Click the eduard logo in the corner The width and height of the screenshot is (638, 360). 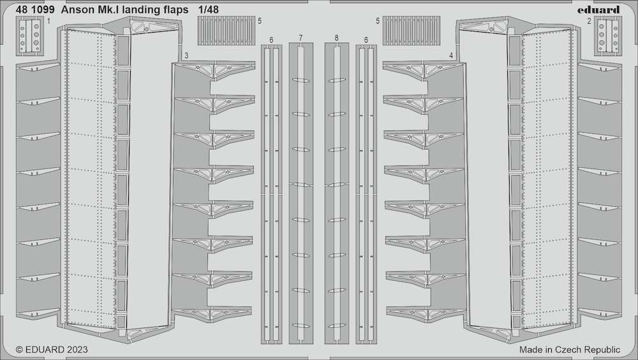click(598, 10)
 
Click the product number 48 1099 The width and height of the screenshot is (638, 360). click(34, 10)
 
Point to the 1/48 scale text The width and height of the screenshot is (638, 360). click(209, 10)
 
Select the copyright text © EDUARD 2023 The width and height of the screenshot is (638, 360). click(52, 349)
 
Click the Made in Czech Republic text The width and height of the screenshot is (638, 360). click(570, 349)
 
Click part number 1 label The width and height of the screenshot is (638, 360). click(49, 21)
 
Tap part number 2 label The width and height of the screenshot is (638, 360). click(589, 21)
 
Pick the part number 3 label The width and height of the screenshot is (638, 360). click(186, 56)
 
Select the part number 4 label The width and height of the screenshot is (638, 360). click(451, 56)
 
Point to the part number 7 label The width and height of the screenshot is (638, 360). click(300, 38)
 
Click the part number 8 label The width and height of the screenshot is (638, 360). click(336, 38)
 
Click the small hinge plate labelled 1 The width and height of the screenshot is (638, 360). click(30, 36)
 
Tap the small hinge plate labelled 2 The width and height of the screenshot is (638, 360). click(607, 36)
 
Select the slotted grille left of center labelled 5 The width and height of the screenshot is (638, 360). click(226, 31)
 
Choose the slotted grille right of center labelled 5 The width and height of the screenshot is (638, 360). click(412, 31)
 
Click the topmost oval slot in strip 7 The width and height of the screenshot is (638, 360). click(300, 80)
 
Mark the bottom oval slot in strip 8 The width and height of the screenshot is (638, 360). click(336, 326)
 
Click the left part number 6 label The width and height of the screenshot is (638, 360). click(271, 40)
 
